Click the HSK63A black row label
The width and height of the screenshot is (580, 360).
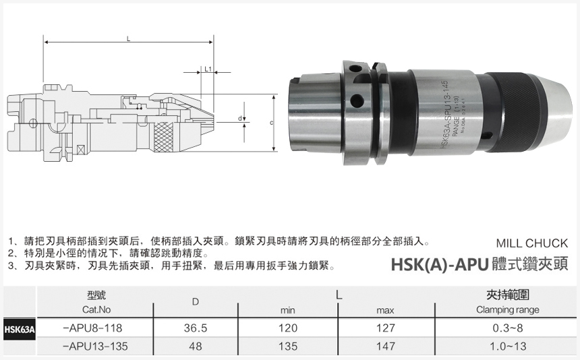coord(18,330)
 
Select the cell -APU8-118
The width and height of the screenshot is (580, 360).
coord(92,328)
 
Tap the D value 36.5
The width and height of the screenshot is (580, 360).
coord(195,328)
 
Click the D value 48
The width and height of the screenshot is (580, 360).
coord(195,346)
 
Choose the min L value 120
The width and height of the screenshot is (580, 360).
coord(288,328)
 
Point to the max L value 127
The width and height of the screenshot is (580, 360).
coord(384,328)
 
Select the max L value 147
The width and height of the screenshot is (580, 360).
coord(384,346)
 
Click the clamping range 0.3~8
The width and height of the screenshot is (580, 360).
coord(507,328)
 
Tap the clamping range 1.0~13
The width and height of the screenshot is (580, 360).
coord(507,346)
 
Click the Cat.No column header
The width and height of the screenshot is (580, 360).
coord(96,310)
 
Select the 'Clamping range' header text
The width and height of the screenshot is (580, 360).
coord(507,310)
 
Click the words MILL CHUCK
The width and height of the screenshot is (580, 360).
coord(531,243)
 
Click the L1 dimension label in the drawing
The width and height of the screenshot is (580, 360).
coord(208,69)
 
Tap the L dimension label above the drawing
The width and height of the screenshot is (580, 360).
coord(128,39)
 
